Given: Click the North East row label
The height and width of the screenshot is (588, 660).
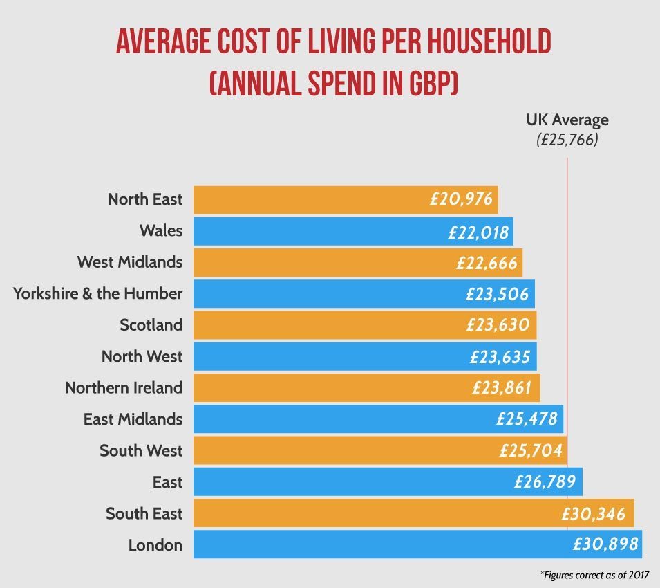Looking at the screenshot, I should (x=145, y=199).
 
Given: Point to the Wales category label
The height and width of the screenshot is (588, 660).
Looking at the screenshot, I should (x=161, y=230).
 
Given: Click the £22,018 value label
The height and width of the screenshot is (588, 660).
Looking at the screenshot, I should (x=478, y=232).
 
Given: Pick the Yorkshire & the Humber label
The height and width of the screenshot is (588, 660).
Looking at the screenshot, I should (x=98, y=293).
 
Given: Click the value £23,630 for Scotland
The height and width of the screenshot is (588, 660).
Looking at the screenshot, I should (x=501, y=326).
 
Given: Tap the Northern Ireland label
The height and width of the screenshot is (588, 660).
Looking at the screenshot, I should (x=124, y=387).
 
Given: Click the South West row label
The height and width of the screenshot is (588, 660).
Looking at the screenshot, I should (x=141, y=450).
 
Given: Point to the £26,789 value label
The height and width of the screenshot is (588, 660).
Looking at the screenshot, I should (x=545, y=482).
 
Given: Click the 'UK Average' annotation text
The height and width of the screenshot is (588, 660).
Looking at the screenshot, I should (x=567, y=120).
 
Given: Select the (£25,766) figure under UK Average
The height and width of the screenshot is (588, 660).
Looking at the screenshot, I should (x=567, y=140).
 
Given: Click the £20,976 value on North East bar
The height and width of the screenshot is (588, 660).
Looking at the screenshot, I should (x=461, y=200).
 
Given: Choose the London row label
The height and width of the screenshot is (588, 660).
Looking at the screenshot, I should (x=155, y=545).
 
